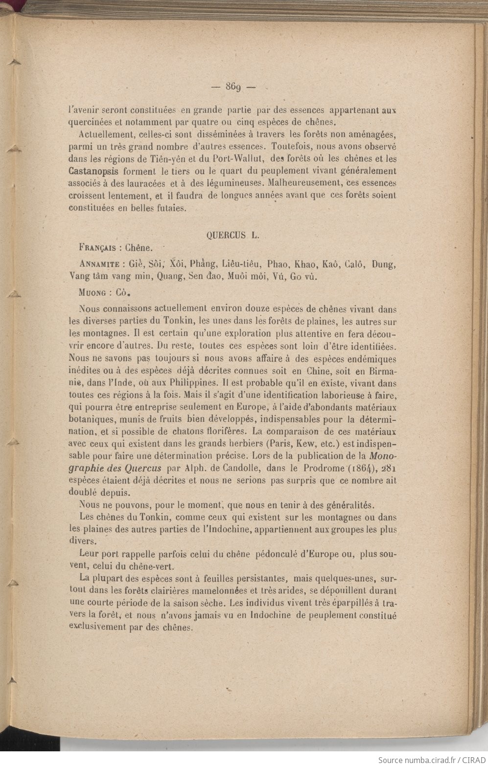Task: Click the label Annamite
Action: [x=99, y=265]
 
